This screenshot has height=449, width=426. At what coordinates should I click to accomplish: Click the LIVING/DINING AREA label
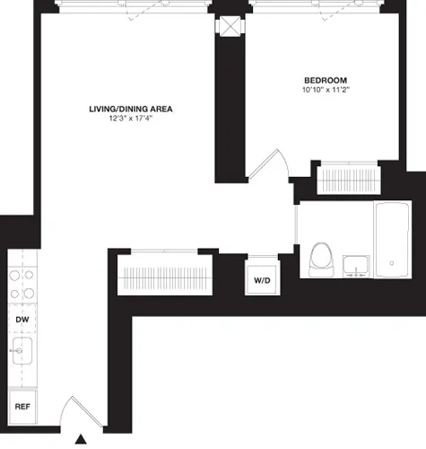[130, 109]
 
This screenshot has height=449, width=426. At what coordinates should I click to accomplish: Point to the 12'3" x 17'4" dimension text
[130, 119]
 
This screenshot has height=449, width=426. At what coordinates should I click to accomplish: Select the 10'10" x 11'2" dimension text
[324, 90]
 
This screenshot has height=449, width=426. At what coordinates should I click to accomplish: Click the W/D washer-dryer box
[262, 280]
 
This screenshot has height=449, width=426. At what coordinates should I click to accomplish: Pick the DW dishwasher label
[22, 318]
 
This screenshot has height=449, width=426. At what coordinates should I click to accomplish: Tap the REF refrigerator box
[22, 406]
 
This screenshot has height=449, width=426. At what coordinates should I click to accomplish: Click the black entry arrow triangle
[81, 440]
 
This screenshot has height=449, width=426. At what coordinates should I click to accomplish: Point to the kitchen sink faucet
[14, 351]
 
